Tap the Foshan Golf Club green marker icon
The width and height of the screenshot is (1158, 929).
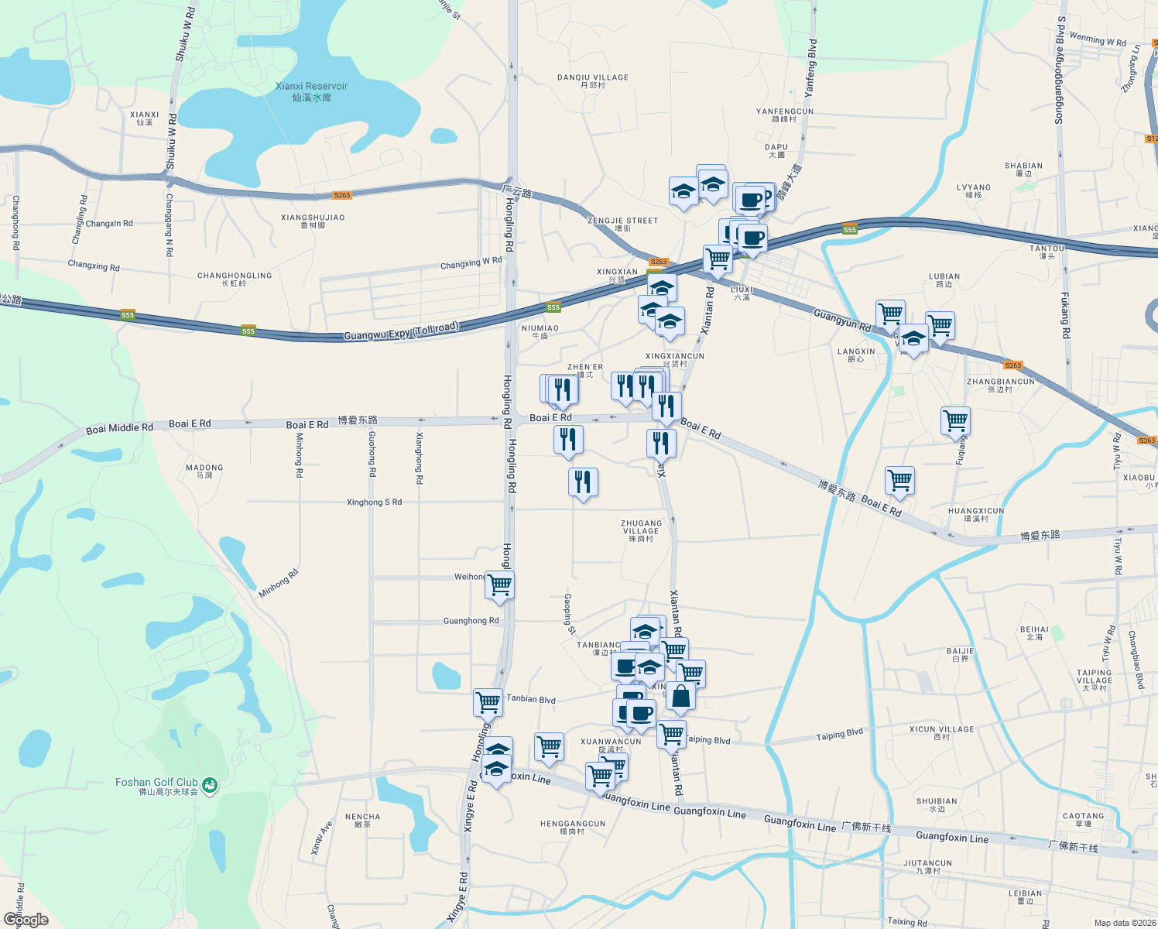tap(209, 786)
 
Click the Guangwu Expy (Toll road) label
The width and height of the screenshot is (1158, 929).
tap(401, 331)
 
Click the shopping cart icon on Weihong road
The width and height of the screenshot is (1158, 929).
tap(499, 585)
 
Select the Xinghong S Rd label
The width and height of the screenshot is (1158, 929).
tap(374, 502)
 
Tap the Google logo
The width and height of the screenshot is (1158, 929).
tap(26, 920)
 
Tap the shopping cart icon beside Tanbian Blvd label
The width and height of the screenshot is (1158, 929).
tap(488, 702)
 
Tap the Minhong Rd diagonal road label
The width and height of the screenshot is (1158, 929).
tap(279, 584)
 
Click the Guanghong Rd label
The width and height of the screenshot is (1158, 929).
tap(471, 621)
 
